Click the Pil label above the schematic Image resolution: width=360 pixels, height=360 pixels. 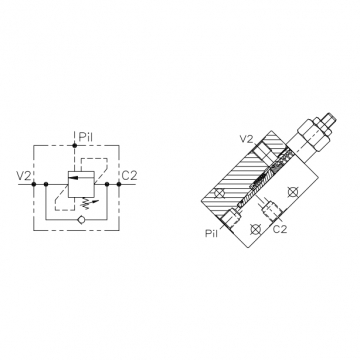[x=85, y=137]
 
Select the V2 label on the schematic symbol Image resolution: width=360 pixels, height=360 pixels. [x=24, y=175]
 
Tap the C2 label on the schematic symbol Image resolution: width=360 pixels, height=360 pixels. [x=129, y=175]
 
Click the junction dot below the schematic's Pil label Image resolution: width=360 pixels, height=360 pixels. [x=74, y=145]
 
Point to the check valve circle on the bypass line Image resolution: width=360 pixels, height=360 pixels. [x=80, y=219]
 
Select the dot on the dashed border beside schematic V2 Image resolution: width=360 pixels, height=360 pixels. [x=34, y=184]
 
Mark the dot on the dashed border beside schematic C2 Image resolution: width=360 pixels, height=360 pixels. [x=119, y=184]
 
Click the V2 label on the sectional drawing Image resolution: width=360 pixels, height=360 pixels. [x=247, y=139]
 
